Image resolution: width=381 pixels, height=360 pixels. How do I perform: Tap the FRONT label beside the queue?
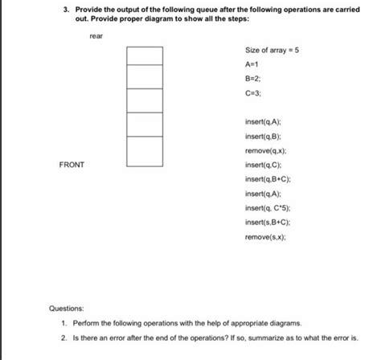72,165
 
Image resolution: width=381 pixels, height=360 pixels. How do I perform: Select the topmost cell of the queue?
145,55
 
